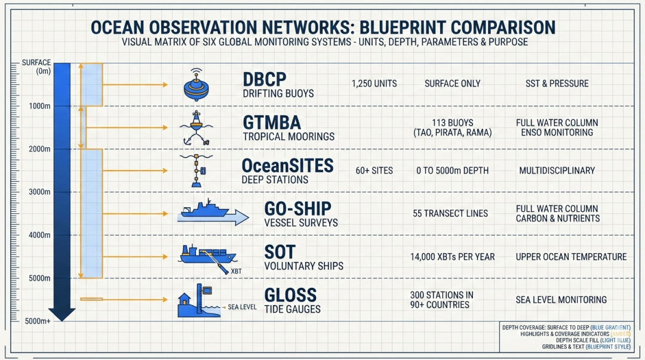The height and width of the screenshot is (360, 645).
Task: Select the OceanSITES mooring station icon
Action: click(196, 170)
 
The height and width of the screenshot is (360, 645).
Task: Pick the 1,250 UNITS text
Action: click(374, 84)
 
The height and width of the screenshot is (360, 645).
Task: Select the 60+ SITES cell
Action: click(374, 170)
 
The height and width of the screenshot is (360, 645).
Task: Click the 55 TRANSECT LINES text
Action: click(450, 214)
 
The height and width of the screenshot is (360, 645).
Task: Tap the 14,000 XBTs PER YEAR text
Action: click(452, 257)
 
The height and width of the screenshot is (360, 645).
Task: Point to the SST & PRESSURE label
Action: click(557, 84)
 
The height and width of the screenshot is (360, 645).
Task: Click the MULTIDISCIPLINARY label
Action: click(557, 170)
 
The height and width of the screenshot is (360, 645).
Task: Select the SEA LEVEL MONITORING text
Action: click(561, 300)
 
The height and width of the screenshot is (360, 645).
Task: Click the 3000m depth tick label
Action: click(39, 192)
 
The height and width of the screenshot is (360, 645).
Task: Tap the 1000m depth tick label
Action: click(39, 106)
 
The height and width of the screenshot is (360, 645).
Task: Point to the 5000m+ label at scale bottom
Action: click(38, 321)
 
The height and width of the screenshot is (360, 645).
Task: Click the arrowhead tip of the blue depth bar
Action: click(62, 321)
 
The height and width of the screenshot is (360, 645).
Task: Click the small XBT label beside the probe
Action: click(236, 272)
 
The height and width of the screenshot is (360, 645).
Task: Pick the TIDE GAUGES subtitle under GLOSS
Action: click(292, 309)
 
